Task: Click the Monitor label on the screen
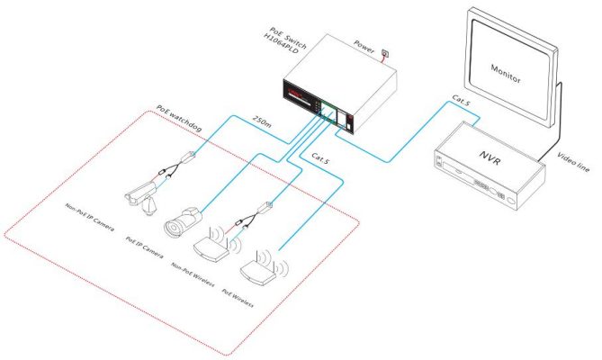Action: click(x=506, y=74)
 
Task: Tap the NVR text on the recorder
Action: click(x=490, y=157)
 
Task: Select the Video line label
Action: click(x=573, y=162)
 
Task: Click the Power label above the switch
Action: click(x=364, y=47)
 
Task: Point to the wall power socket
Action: click(x=385, y=53)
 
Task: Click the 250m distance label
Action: click(x=262, y=121)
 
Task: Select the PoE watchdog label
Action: click(x=179, y=118)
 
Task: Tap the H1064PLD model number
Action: click(x=281, y=43)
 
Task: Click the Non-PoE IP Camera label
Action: click(x=90, y=218)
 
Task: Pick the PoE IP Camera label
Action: click(x=144, y=247)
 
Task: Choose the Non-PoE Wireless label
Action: click(x=193, y=274)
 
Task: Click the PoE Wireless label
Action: click(x=238, y=298)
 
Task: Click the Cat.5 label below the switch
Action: click(x=320, y=158)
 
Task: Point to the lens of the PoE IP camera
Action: click(x=173, y=229)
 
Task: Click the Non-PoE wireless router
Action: click(x=216, y=245)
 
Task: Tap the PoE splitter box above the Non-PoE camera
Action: click(x=188, y=157)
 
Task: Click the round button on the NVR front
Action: click(x=511, y=201)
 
